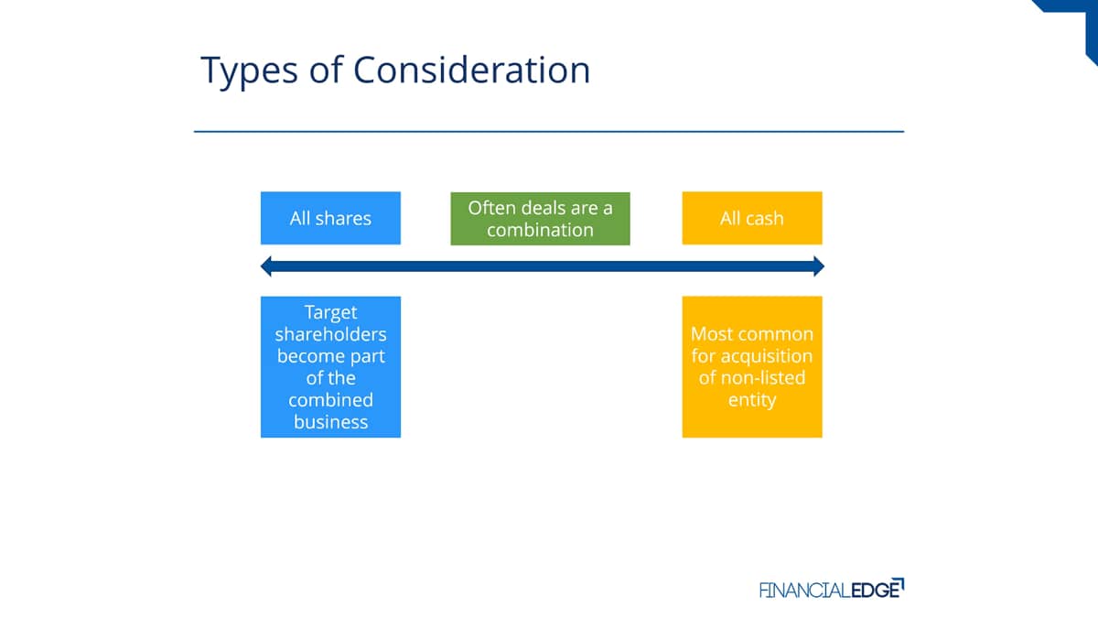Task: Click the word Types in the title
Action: tap(249, 71)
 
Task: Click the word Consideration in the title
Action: tap(471, 70)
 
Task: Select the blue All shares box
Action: tap(330, 218)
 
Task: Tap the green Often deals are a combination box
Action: tap(540, 219)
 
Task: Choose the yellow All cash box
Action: tap(752, 218)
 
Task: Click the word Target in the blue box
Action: tap(331, 312)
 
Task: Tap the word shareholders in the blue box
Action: tap(330, 334)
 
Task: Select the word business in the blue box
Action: tap(331, 422)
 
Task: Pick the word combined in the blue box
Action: tap(331, 400)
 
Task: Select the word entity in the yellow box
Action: tap(752, 400)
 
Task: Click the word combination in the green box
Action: tap(540, 230)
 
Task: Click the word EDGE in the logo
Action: tap(877, 589)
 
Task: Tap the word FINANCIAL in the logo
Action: tap(805, 590)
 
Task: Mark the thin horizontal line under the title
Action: tap(549, 132)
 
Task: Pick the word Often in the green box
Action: tap(490, 208)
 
